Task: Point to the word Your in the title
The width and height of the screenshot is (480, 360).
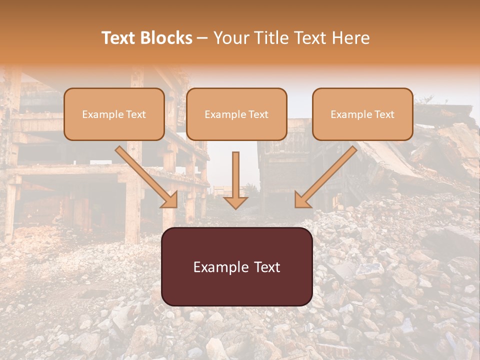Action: pyautogui.click(x=229, y=38)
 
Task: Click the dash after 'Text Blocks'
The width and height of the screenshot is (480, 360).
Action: pyautogui.click(x=203, y=38)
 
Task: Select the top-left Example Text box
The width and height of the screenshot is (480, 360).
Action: pyautogui.click(x=114, y=114)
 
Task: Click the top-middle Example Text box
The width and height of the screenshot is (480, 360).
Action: pyautogui.click(x=236, y=114)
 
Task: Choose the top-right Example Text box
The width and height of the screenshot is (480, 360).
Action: pyautogui.click(x=362, y=114)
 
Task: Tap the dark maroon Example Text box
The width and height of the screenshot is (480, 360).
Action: pyautogui.click(x=237, y=267)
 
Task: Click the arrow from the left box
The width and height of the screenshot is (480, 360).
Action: pyautogui.click(x=145, y=175)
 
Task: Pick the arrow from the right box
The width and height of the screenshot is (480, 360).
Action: pyautogui.click(x=327, y=175)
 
